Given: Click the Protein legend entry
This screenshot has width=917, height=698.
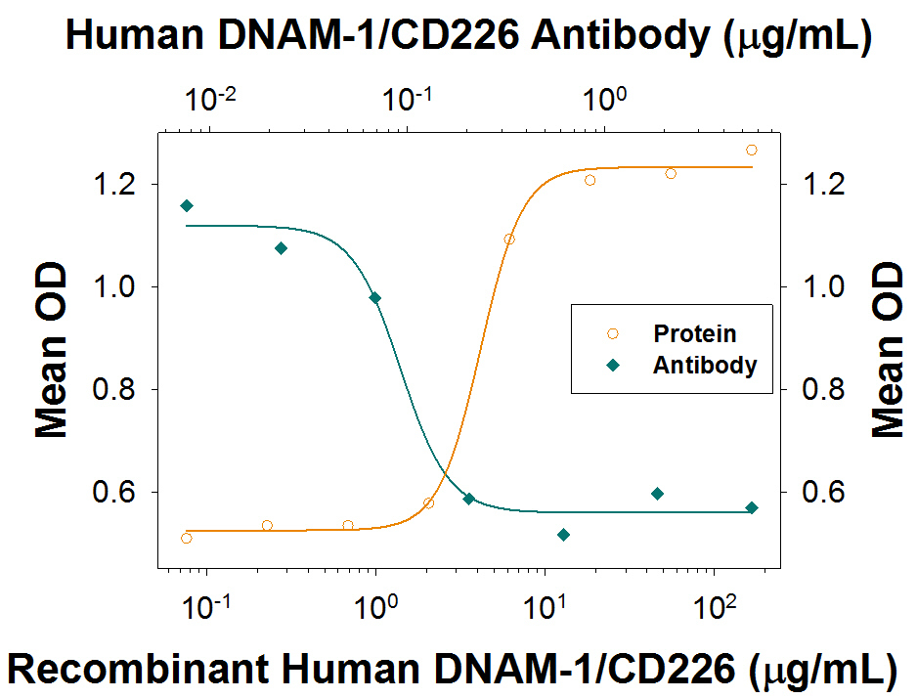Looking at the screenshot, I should [694, 334].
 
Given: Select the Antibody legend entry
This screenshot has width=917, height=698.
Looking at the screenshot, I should [704, 366].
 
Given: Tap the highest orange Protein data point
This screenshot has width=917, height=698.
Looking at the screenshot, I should [751, 150].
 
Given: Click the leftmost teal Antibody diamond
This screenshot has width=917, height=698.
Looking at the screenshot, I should [187, 205].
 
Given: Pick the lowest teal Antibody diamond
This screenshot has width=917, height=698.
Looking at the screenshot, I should [563, 535].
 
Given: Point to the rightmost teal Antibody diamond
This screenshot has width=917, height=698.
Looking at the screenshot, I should [751, 508].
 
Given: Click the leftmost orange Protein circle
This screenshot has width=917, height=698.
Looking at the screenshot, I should [187, 539].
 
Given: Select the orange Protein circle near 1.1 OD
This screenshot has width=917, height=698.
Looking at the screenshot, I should [509, 240].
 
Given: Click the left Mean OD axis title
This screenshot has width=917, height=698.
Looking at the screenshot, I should [50, 349].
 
